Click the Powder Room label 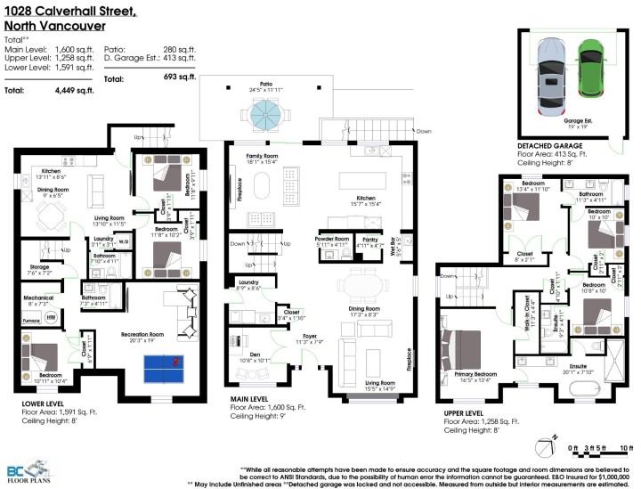pos(331,239)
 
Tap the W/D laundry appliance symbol pos(124,241)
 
